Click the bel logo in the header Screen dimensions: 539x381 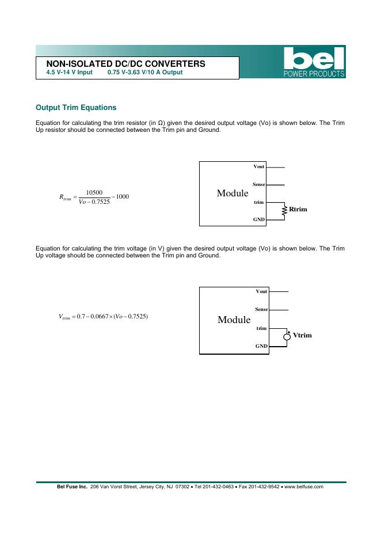314,59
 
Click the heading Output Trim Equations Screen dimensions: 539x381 76,108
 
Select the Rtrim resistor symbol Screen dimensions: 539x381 284,211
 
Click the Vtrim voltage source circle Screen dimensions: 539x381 287,336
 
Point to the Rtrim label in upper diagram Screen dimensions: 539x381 298,209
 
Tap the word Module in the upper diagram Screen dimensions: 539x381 233,193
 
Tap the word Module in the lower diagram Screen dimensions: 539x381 234,320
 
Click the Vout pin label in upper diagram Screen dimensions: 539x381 259,167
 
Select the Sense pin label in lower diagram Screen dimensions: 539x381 261,310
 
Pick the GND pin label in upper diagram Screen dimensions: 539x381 259,220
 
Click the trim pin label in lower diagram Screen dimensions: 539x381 261,328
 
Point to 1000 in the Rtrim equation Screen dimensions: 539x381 122,197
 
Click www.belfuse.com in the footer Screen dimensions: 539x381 304,487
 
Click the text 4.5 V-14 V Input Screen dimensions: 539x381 69,73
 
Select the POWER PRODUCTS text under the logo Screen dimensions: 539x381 314,74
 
